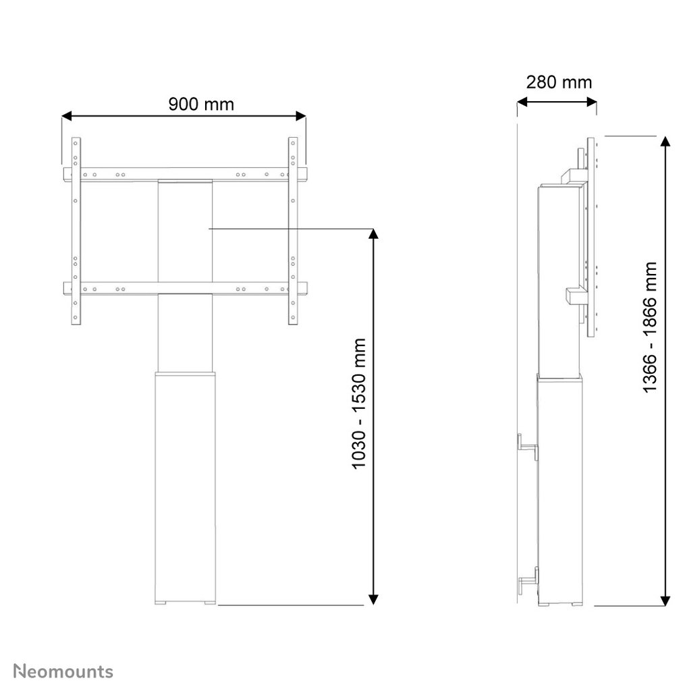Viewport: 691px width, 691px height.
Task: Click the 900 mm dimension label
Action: click(x=201, y=105)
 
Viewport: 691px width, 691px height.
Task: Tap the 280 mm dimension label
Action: click(x=559, y=82)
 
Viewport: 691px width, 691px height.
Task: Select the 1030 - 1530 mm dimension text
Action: click(x=359, y=404)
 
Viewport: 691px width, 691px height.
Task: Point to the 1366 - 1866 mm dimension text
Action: click(x=650, y=327)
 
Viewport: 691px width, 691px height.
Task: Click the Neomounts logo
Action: click(x=63, y=671)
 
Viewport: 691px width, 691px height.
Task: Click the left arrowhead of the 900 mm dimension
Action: click(x=67, y=116)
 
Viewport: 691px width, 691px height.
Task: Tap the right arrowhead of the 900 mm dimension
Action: click(x=301, y=116)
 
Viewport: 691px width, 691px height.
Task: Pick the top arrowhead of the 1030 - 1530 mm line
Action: click(x=373, y=233)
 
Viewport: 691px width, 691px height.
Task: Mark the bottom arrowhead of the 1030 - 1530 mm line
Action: click(x=373, y=599)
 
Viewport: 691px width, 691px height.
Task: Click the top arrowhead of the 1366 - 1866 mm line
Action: click(x=665, y=142)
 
